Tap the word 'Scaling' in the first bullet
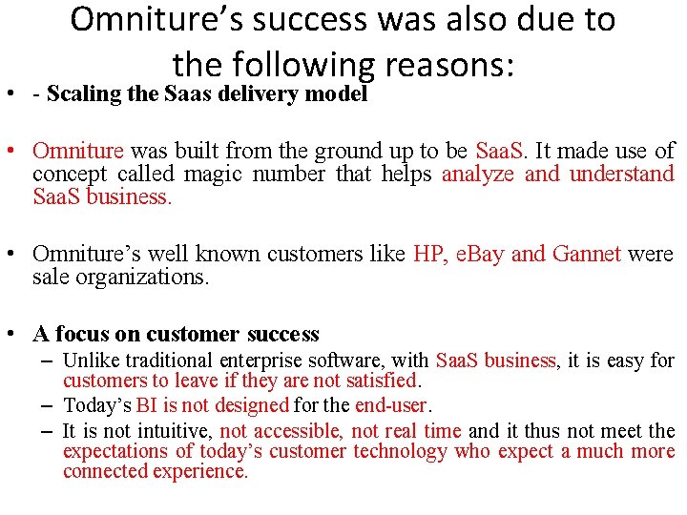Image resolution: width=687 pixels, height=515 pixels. (x=84, y=94)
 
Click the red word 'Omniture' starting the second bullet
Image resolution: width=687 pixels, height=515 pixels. (x=78, y=151)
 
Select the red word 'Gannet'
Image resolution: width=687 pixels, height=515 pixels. (x=587, y=254)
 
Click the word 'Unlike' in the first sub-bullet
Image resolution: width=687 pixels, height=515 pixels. (x=90, y=360)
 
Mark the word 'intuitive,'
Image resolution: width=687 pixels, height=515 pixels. (x=175, y=430)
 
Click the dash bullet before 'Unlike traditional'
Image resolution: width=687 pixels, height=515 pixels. (x=47, y=360)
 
